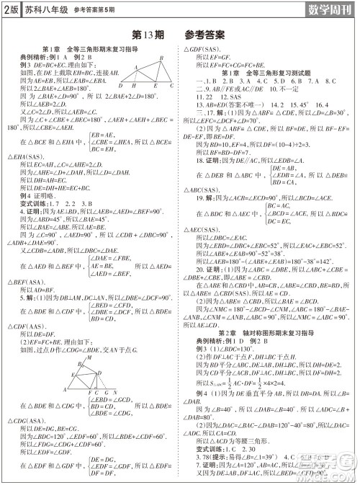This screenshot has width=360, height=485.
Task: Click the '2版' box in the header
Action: click(11, 10)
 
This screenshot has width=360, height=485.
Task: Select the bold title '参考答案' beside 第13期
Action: click(205, 34)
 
